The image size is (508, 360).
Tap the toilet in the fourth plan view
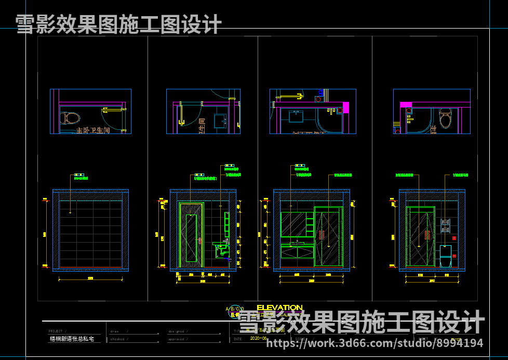coord(445,118)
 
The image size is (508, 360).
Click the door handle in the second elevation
coord(200,241)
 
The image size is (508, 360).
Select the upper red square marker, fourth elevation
coord(454,238)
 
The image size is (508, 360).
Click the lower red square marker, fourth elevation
coord(454,256)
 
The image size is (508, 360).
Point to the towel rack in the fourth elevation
coord(445,225)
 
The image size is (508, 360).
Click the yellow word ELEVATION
coord(279,308)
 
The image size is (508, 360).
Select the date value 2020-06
coord(258,338)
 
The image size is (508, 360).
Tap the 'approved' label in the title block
coord(176,339)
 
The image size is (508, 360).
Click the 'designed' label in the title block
coord(176,331)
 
